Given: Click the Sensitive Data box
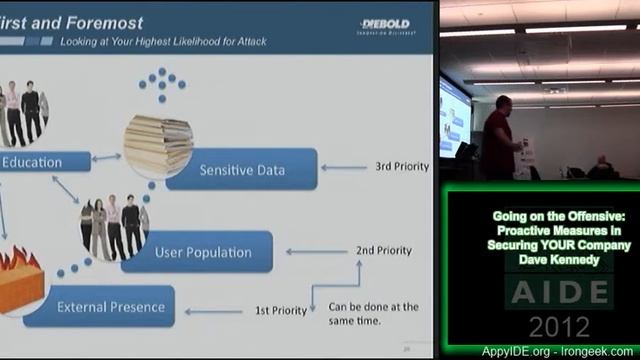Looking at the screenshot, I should coord(241,170).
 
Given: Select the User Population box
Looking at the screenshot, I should coord(203,252).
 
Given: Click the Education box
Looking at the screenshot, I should coord(32,162).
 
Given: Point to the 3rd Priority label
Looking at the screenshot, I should coord(402,166).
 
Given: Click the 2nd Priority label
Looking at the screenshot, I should coord(383,250).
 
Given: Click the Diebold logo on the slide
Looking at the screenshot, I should coord(385,25).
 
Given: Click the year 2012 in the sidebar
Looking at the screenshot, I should coord(559,326).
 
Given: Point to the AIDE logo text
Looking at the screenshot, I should coord(559,292).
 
